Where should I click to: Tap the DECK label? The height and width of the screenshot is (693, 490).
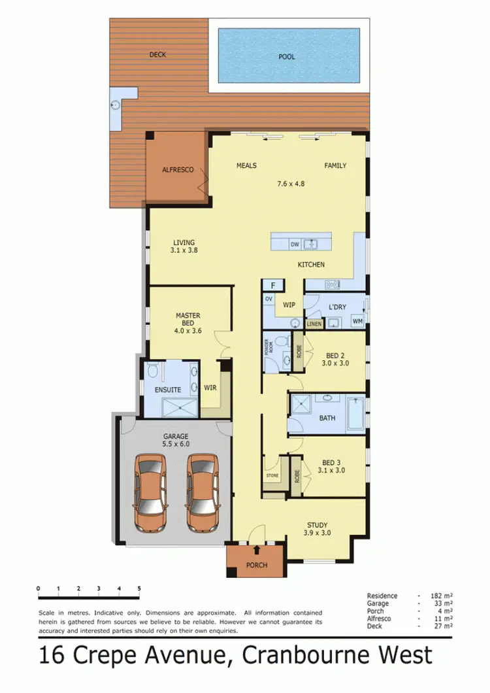tap(157, 54)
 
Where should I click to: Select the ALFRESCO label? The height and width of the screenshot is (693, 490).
tap(178, 169)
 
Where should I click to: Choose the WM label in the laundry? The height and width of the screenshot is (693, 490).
tap(357, 321)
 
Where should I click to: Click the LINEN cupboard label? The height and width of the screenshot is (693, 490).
tap(315, 324)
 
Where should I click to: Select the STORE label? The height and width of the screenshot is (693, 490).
tap(272, 475)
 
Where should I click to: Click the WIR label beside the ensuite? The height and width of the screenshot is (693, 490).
tap(210, 387)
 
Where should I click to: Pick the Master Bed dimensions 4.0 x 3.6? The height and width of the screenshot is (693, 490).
tap(188, 331)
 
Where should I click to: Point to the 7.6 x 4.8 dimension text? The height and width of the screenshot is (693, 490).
tap(291, 184)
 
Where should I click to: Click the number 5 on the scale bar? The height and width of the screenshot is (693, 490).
tap(139, 589)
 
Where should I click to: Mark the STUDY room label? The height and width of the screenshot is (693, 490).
tap(318, 524)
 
